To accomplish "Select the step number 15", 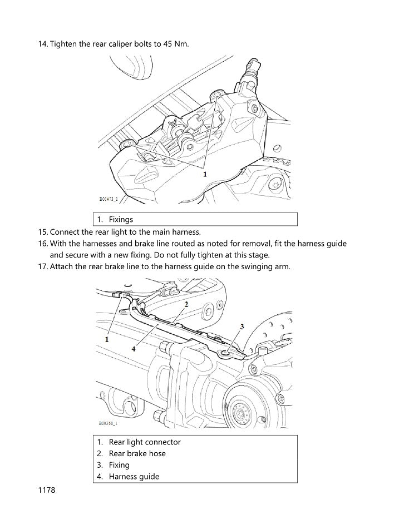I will (43, 232).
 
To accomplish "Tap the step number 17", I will (43, 267).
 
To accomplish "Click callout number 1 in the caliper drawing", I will (205, 174).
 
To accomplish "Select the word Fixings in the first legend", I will (121, 220).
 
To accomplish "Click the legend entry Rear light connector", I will (145, 442).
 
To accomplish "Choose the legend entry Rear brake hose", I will (137, 453).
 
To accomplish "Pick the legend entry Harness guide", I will (134, 476).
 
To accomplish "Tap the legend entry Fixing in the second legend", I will (119, 465).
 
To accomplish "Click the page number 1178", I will (47, 491).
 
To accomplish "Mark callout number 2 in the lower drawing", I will (186, 304).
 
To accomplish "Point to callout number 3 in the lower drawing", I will (242, 326).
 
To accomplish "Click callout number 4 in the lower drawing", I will (134, 349).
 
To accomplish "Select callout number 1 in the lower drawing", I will (106, 338).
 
